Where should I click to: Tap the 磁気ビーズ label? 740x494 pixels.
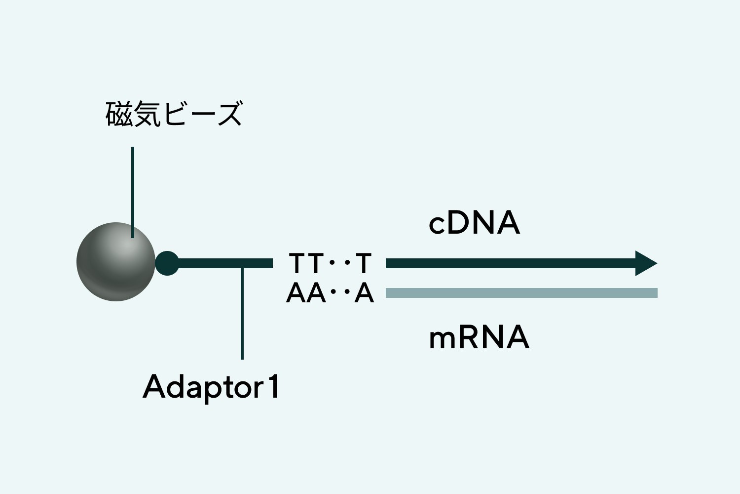coord(174,114)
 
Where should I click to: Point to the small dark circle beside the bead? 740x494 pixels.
coord(167,263)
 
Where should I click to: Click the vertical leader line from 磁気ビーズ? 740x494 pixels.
coord(132,188)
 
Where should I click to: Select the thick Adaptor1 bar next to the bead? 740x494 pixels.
coord(222,263)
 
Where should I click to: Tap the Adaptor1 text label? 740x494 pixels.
coord(211,387)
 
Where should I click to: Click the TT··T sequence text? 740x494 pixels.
coord(330,263)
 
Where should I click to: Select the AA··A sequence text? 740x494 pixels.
coord(330,293)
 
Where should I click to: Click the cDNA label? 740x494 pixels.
coord(474,223)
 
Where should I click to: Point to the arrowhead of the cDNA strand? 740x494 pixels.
coord(646,263)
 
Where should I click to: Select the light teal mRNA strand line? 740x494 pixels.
coord(521,293)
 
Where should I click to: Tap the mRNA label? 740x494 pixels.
coord(479,338)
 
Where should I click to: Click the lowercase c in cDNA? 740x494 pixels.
coord(437,225)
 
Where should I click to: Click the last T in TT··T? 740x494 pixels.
coord(363,263)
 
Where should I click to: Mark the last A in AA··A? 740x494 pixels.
coord(364,293)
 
